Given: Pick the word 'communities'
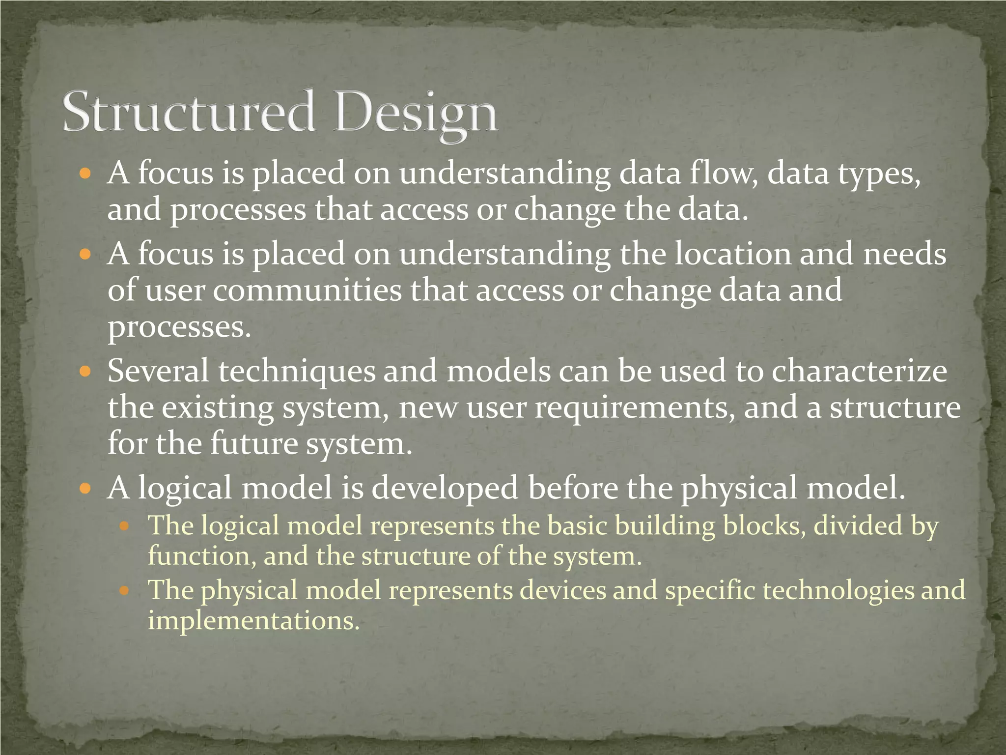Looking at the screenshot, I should click(307, 290).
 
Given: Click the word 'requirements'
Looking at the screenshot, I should click(635, 408).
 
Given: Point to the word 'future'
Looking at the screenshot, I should click(254, 443).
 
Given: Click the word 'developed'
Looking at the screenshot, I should click(445, 489).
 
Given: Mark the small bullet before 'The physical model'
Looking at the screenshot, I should click(124, 590).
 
